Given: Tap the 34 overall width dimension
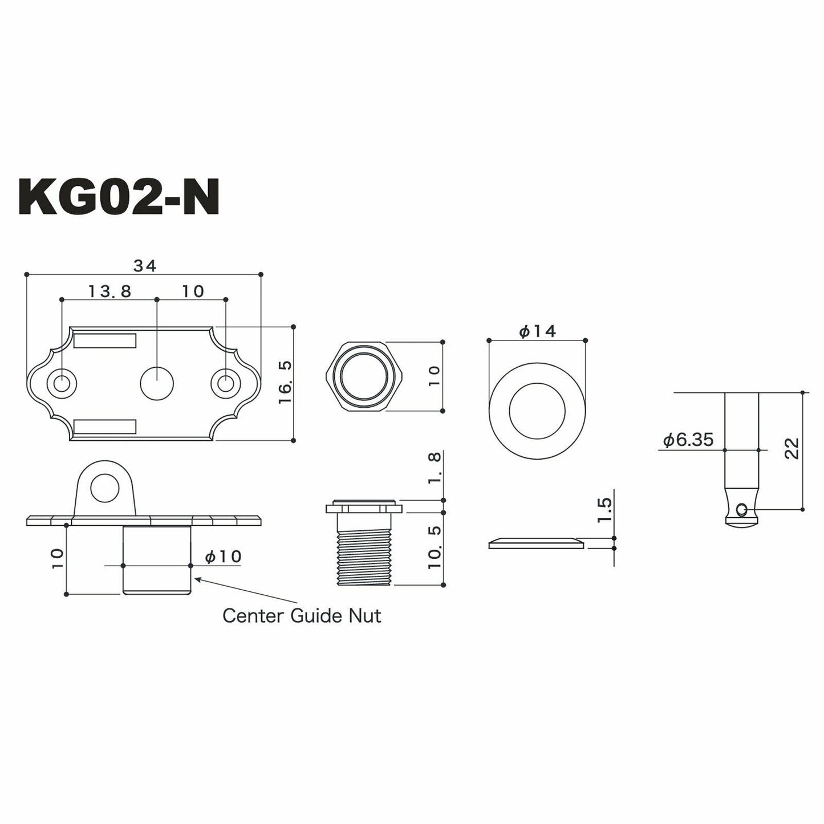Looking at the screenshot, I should coord(145,266).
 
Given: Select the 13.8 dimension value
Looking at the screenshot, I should coord(109,291).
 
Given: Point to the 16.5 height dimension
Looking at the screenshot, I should coord(285,382).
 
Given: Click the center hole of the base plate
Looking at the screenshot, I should coord(157,383).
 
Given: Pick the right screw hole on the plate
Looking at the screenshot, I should coord(226,383).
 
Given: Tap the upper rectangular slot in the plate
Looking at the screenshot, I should coord(105,340).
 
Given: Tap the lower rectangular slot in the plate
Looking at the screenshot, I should coord(105,426).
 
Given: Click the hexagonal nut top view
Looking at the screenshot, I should coord(364,376).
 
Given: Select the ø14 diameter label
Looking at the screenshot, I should coord(537,331).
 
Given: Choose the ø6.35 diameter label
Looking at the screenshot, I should coord(688,440).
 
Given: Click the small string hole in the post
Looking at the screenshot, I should coord(741,510).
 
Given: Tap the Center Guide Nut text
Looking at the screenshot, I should coord(302,616).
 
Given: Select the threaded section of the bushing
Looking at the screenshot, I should coord(364,559).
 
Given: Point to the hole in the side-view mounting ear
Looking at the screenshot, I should coord(104,488).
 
